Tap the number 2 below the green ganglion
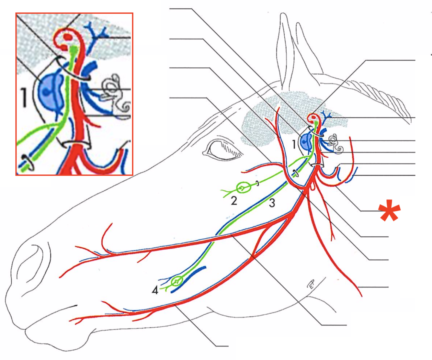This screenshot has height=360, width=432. (234, 201)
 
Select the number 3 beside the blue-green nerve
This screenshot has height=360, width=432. (272, 203)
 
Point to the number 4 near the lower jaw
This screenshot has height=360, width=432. (155, 290)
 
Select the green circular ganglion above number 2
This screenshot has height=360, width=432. (242, 187)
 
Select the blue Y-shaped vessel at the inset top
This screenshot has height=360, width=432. (97, 33)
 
